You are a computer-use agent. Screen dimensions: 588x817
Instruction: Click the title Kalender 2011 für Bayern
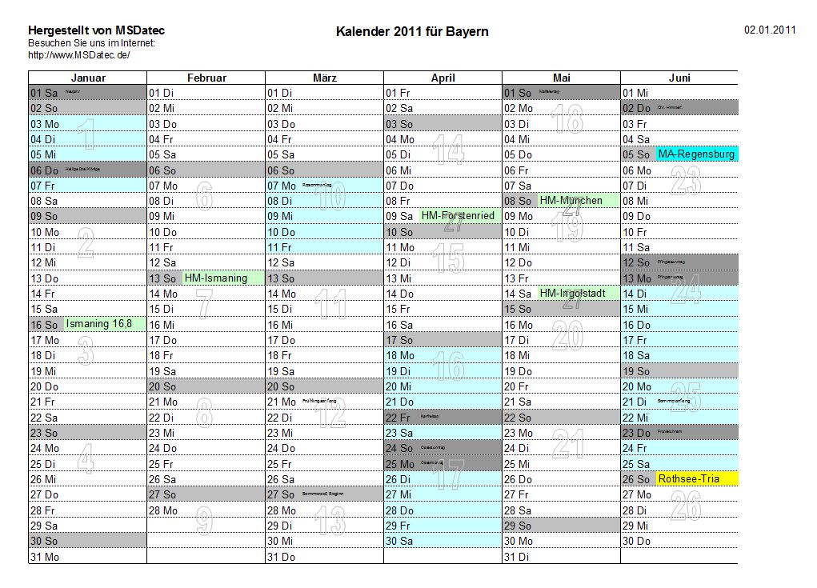[x=412, y=31]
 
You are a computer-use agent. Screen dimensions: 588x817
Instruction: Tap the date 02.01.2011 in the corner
[x=770, y=30]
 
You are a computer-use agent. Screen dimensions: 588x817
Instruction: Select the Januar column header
[x=88, y=78]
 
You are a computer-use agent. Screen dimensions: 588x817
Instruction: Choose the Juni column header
[x=679, y=78]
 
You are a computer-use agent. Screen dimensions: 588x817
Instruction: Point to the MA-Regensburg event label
[x=696, y=154]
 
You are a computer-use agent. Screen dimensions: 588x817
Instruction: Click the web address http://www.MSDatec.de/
[x=78, y=55]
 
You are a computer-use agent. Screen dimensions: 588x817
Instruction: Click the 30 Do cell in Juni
[x=637, y=542]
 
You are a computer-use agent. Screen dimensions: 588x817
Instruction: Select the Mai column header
[x=561, y=78]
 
